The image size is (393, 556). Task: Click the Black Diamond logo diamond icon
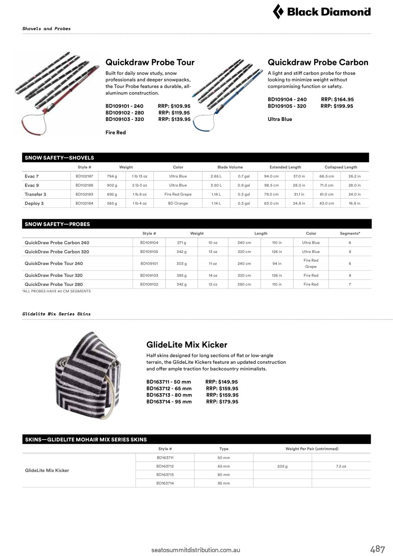click(x=278, y=12)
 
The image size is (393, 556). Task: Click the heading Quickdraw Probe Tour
click(x=150, y=62)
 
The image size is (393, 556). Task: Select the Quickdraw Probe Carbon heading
click(x=318, y=62)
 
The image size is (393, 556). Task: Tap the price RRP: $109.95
click(x=174, y=106)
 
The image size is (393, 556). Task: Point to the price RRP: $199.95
click(x=337, y=106)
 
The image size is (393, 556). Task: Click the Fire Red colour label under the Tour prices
click(x=116, y=133)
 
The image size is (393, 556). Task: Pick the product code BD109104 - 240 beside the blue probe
click(x=287, y=100)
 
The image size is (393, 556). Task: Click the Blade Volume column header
click(x=230, y=167)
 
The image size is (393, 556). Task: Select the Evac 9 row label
click(x=32, y=185)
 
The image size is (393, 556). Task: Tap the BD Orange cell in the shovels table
click(x=178, y=203)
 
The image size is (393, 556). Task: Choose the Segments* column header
click(x=350, y=234)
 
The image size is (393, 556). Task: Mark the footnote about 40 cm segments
click(x=57, y=291)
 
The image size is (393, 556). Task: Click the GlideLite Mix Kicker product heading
click(x=187, y=345)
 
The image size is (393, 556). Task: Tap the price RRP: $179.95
click(x=222, y=402)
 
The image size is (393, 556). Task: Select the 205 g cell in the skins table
click(x=282, y=466)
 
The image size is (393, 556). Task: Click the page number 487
click(x=378, y=550)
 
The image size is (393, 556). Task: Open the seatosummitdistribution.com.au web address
click(x=196, y=550)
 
